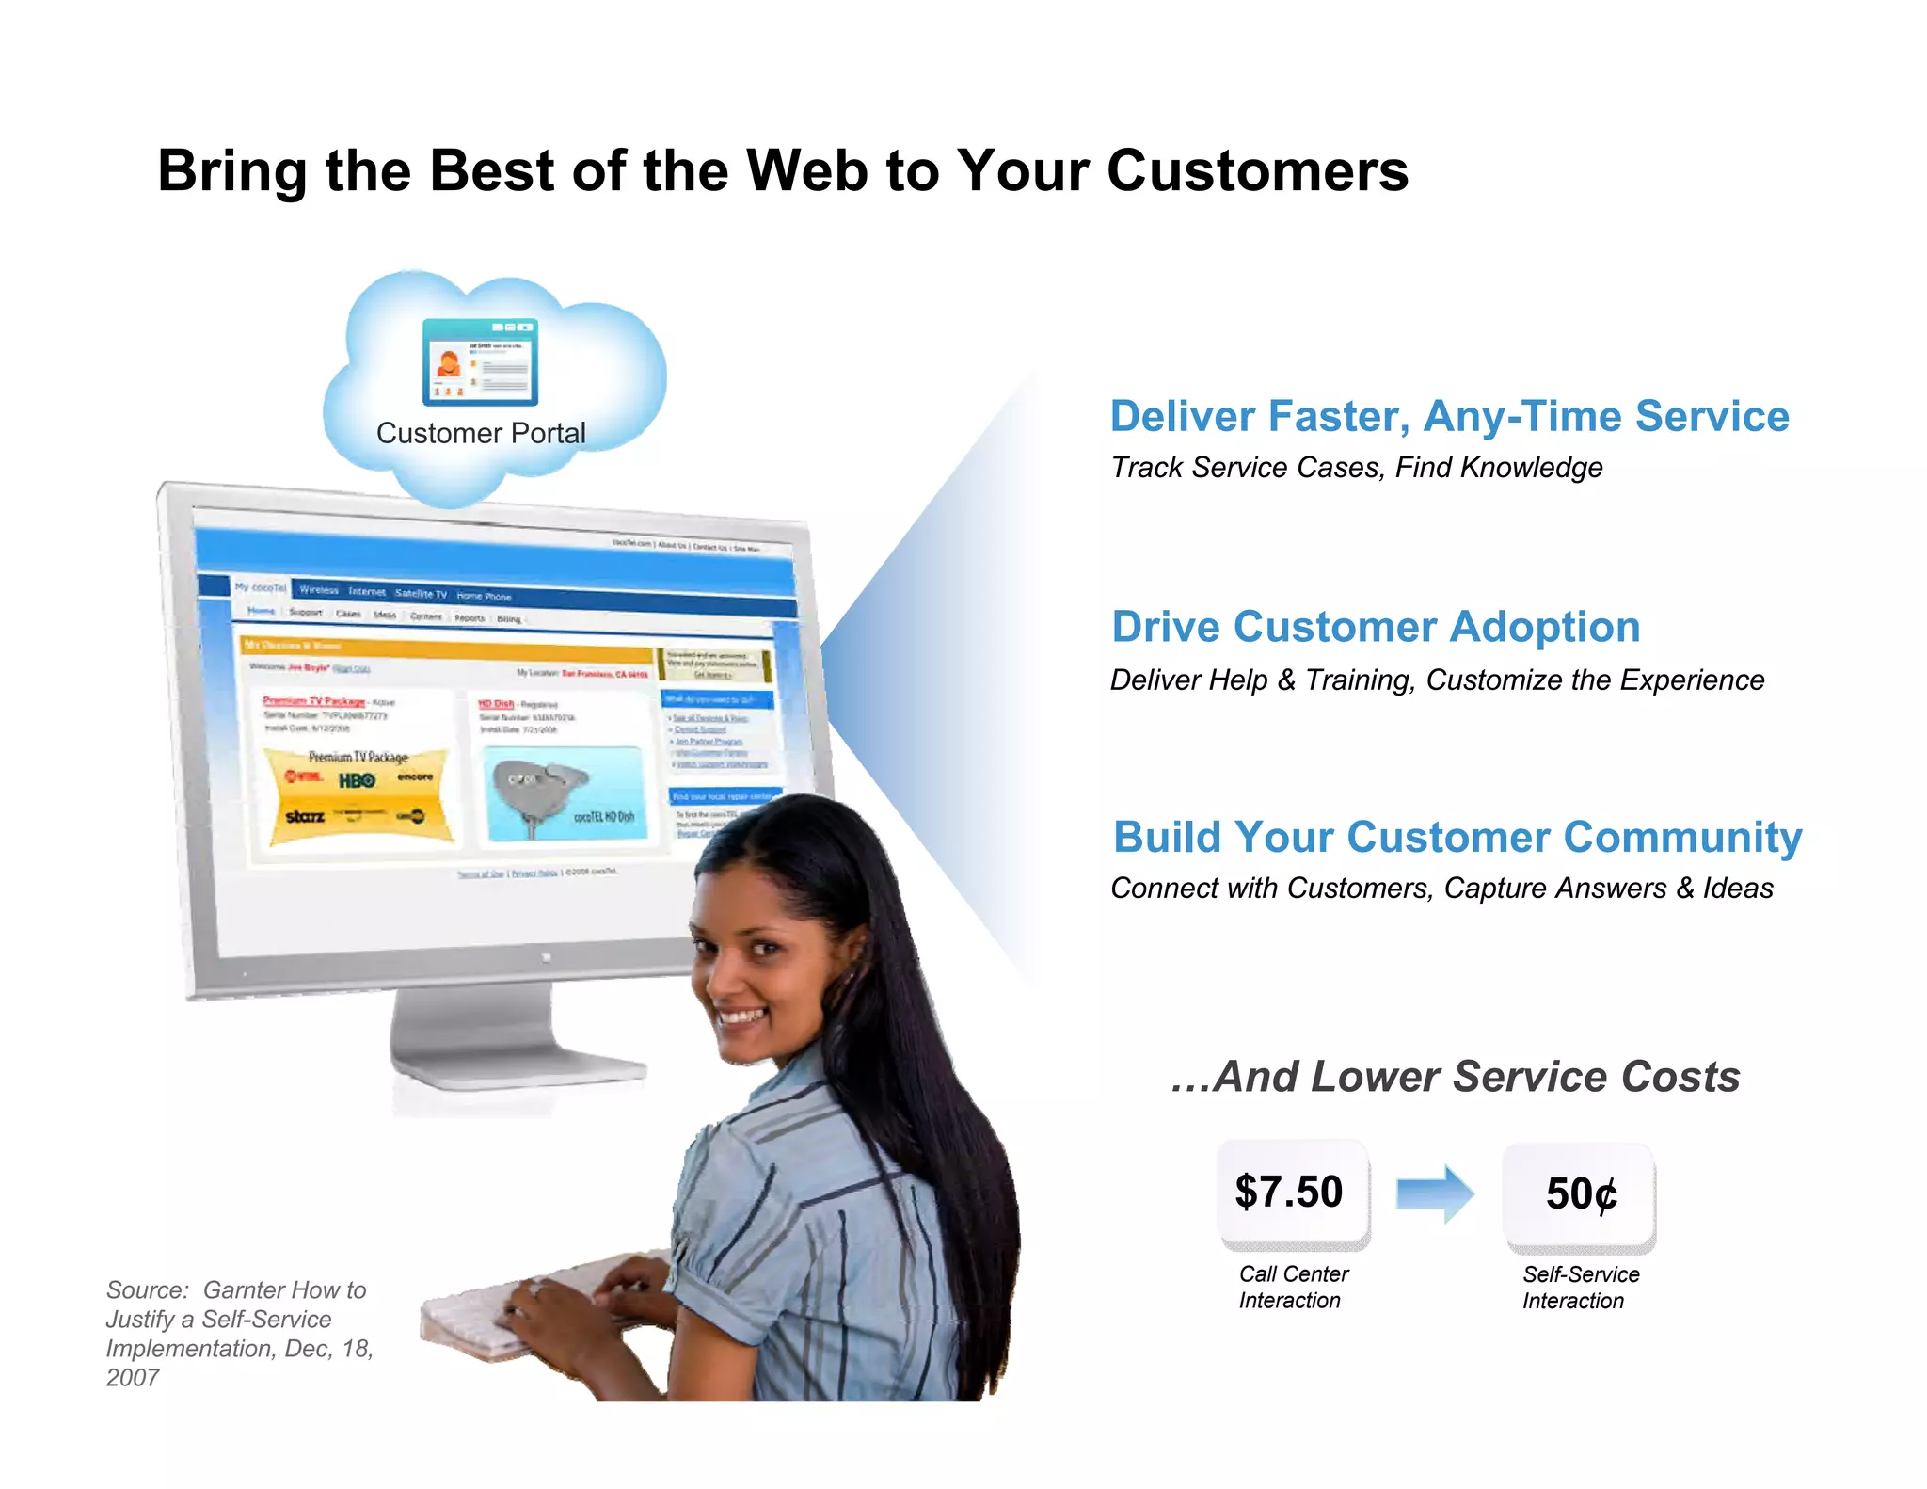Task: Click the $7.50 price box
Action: [1293, 1193]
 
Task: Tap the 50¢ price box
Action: [1580, 1195]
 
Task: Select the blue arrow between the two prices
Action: [1435, 1193]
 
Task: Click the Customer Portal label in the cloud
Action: [481, 433]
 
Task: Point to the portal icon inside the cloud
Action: [480, 362]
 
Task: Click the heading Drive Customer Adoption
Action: [1376, 627]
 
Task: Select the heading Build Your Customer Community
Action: [1457, 837]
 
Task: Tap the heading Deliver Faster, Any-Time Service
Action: [1449, 416]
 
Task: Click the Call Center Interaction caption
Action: [1293, 1287]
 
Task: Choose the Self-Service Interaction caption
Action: [1581, 1288]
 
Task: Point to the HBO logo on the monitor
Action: [357, 780]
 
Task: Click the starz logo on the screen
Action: [305, 816]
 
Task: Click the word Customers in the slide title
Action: [1257, 171]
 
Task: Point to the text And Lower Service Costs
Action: [1456, 1077]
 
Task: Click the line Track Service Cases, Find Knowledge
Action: [1357, 468]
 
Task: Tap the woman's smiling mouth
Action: [742, 1017]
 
